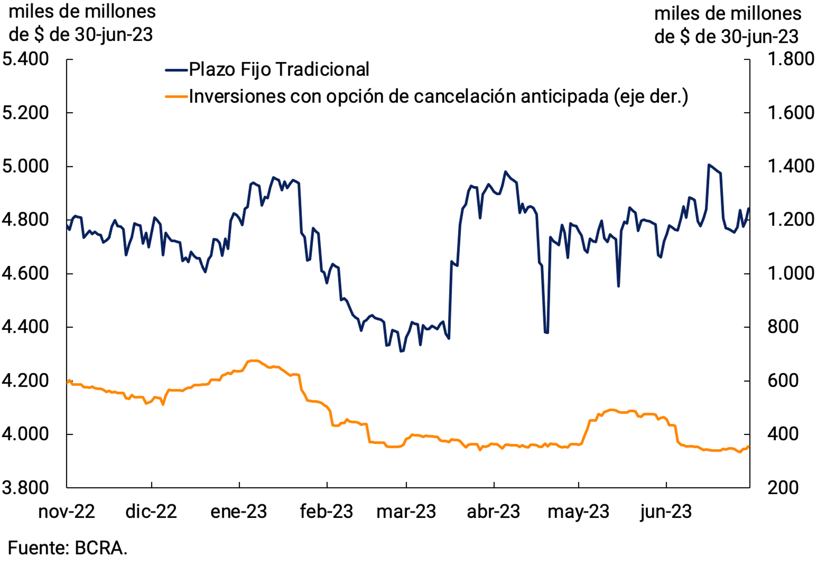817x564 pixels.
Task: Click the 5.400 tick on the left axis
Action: point(25,59)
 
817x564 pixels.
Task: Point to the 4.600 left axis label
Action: point(25,273)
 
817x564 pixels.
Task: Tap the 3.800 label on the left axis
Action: point(25,488)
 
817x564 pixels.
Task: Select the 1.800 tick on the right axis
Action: point(791,59)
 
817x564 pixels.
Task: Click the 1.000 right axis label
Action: point(791,273)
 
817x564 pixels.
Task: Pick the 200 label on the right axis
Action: point(783,488)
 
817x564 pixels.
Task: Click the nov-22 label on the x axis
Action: point(67,512)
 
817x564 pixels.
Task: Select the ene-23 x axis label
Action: point(239,512)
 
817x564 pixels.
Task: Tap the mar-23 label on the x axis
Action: point(406,512)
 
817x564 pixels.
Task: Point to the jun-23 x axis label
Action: point(666,512)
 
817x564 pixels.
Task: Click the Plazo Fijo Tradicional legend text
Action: point(279,69)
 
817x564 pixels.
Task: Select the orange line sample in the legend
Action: point(176,97)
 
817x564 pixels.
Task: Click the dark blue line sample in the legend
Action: point(176,70)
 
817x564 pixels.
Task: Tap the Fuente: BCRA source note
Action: point(68,548)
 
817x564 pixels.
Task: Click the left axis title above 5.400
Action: point(82,23)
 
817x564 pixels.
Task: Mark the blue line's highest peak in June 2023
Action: point(709,165)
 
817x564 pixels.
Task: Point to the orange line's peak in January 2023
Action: point(253,361)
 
